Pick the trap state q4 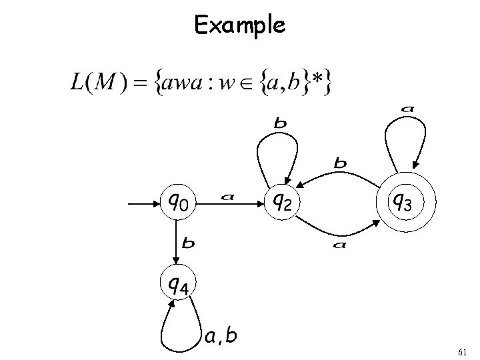pos(177,285)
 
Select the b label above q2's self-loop pos(281,123)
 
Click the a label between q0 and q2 pos(228,197)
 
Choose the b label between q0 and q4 pos(189,243)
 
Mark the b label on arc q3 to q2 pos(340,163)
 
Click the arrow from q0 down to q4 pos(177,240)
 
